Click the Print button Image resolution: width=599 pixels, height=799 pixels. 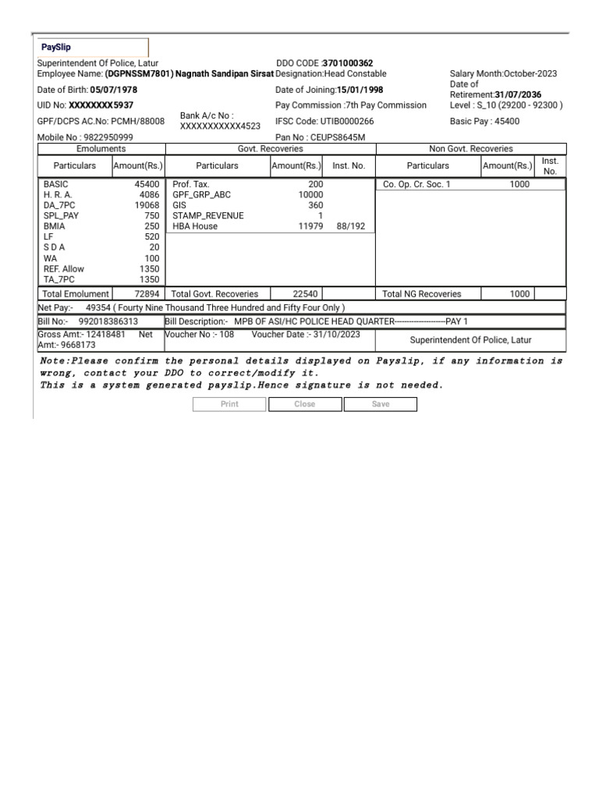pos(229,404)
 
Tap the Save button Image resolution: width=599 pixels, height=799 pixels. pos(380,404)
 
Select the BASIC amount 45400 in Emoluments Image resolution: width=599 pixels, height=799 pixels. pos(147,184)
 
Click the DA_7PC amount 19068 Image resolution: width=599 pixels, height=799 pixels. pos(147,205)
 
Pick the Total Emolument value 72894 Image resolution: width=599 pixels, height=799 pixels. pos(147,294)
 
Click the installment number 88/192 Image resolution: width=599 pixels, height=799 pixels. pos(350,226)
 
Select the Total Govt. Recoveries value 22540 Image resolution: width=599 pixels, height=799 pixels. pos(305,294)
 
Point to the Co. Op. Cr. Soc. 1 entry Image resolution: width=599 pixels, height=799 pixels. pos(416,184)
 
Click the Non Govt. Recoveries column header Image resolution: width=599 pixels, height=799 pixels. pos(470,148)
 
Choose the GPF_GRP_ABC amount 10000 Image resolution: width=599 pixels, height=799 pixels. pos(310,194)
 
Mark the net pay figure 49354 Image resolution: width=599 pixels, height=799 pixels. pos(98,307)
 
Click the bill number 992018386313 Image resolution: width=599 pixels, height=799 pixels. pos(108,321)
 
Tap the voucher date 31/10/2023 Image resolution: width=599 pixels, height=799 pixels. pos(338,334)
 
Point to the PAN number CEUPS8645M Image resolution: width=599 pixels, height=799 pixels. pos(337,137)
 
